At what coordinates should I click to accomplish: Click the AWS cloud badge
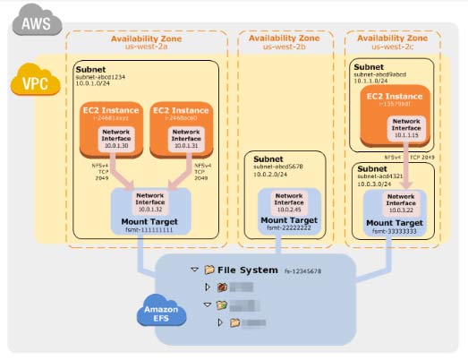click(x=33, y=21)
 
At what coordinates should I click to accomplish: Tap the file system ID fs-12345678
click(x=302, y=269)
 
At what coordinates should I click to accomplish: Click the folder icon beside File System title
click(x=209, y=268)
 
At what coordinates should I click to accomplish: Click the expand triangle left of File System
click(x=195, y=269)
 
